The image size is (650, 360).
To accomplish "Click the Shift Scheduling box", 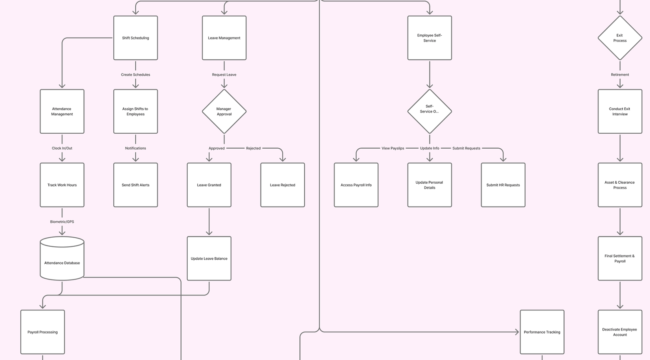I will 135,38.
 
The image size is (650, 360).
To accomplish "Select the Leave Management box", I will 224,38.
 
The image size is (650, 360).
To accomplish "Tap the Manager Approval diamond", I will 224,111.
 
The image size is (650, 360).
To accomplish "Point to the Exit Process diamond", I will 620,38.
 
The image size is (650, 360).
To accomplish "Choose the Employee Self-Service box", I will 429,38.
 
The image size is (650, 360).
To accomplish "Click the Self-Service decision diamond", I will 429,111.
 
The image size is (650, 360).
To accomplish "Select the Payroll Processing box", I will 43,332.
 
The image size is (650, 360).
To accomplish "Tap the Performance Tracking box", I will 542,332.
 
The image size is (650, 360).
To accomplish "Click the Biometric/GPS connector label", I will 62,222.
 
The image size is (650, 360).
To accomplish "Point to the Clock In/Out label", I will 62,148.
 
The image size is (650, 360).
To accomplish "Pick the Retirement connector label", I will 620,75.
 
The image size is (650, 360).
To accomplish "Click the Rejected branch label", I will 253,148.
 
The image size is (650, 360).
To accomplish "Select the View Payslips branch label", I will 393,148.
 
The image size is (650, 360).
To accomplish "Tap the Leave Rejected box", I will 282,185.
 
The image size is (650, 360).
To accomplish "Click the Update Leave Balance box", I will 209,258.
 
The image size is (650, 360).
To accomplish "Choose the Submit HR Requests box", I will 503,185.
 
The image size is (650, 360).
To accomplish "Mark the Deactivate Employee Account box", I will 620,332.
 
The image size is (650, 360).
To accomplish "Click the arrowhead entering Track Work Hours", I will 62,159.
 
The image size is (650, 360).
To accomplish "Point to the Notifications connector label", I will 135,148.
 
